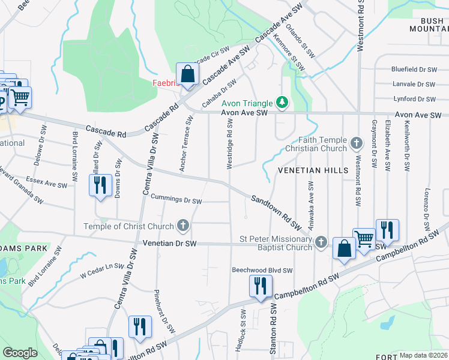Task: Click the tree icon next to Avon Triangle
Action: pyautogui.click(x=280, y=103)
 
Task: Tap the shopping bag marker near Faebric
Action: pyautogui.click(x=188, y=75)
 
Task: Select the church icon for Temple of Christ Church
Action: pyautogui.click(x=184, y=226)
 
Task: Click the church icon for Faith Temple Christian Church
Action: pyautogui.click(x=357, y=143)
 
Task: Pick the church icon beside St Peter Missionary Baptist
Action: pyautogui.click(x=321, y=241)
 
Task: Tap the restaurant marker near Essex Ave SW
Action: pyautogui.click(x=100, y=184)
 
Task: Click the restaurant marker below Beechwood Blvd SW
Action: pyautogui.click(x=261, y=286)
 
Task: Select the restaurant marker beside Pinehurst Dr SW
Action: pyautogui.click(x=139, y=327)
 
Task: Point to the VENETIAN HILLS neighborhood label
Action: pyautogui.click(x=313, y=170)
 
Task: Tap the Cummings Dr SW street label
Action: pyautogui.click(x=176, y=199)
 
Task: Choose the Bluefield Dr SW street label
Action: pyautogui.click(x=413, y=70)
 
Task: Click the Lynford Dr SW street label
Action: pyautogui.click(x=413, y=99)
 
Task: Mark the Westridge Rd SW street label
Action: pyautogui.click(x=230, y=143)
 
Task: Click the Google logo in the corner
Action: pyautogui.click(x=20, y=353)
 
